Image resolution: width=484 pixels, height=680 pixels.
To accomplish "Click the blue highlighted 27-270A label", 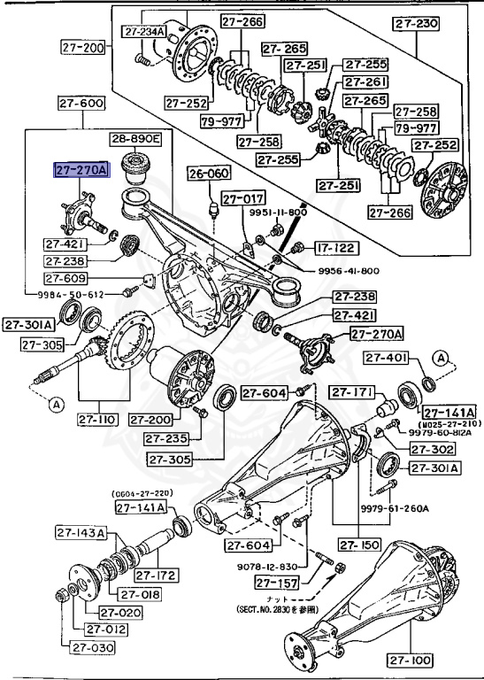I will pyautogui.click(x=81, y=170).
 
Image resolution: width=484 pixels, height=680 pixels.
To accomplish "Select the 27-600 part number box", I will pyautogui.click(x=81, y=103).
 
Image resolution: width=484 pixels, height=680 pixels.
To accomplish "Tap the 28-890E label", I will pyautogui.click(x=135, y=139).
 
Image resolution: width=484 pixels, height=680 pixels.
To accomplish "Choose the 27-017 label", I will pyautogui.click(x=242, y=199).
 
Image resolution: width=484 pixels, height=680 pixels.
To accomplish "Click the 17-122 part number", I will pyautogui.click(x=332, y=250).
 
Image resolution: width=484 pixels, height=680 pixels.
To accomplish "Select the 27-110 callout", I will pyautogui.click(x=98, y=420).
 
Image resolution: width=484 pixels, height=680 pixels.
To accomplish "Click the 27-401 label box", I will pyautogui.click(x=386, y=358).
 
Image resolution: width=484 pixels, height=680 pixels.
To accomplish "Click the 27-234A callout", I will pyautogui.click(x=143, y=33).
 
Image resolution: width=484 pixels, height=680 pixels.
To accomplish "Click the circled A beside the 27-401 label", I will pyautogui.click(x=439, y=356).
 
